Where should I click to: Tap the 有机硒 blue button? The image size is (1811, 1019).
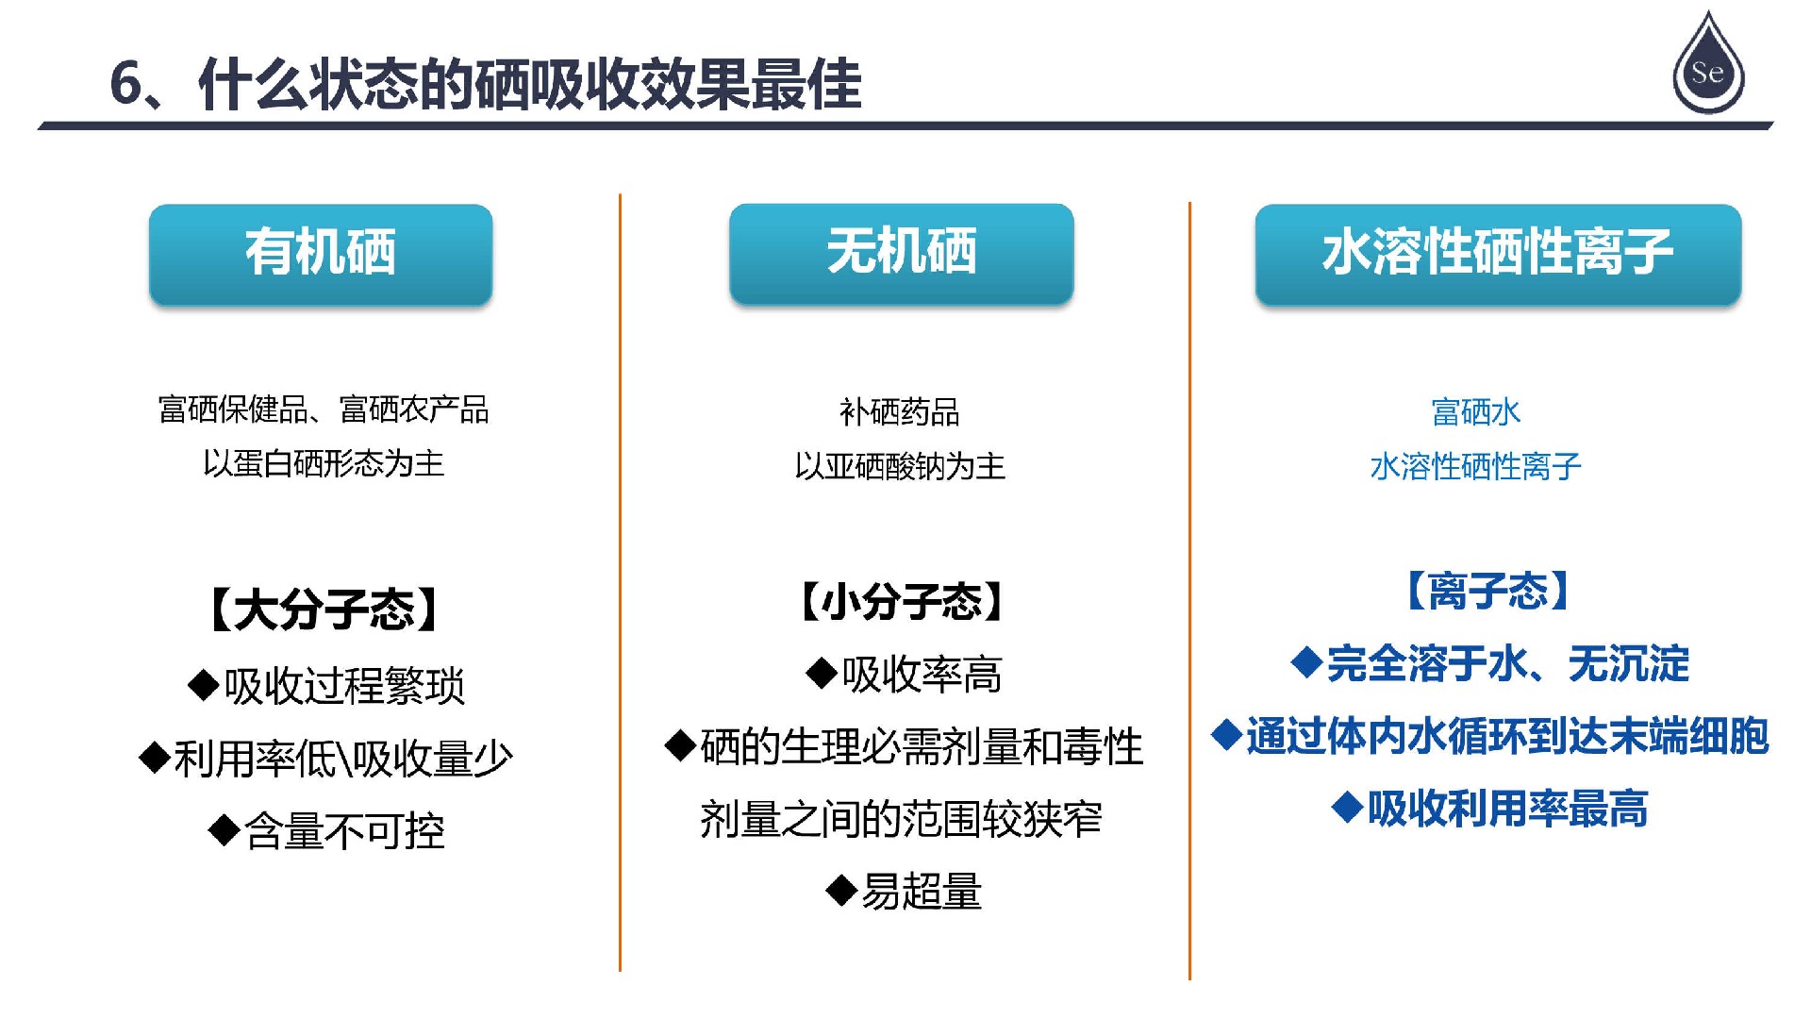coord(321,254)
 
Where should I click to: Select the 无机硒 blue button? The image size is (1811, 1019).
coord(901,254)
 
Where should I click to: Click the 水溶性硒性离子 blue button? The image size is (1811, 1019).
coord(1498,254)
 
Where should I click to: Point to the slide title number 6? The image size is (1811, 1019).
coord(126,83)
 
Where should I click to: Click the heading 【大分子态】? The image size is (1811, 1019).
coord(323,610)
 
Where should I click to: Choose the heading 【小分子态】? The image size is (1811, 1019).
coord(901,601)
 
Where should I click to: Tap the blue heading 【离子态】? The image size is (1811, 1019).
coord(1487,592)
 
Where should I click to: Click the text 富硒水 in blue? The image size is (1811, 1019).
coord(1476,412)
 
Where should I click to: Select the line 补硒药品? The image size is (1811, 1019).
coord(900,412)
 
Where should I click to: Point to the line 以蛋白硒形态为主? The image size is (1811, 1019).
coord(324,463)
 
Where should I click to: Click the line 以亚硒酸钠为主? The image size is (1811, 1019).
coord(900,466)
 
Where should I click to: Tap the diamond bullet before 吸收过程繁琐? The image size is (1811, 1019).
coord(204,684)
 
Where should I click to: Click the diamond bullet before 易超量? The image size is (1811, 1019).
coord(840,890)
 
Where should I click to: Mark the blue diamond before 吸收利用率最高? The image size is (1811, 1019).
coord(1348,807)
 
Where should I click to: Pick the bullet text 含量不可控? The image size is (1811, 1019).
coord(344,831)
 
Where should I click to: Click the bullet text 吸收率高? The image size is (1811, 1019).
coord(922,675)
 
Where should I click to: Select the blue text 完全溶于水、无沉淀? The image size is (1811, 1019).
coord(1508,663)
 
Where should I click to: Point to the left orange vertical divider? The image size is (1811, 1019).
coord(620,582)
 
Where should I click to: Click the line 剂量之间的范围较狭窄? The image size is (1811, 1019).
coord(901,818)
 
